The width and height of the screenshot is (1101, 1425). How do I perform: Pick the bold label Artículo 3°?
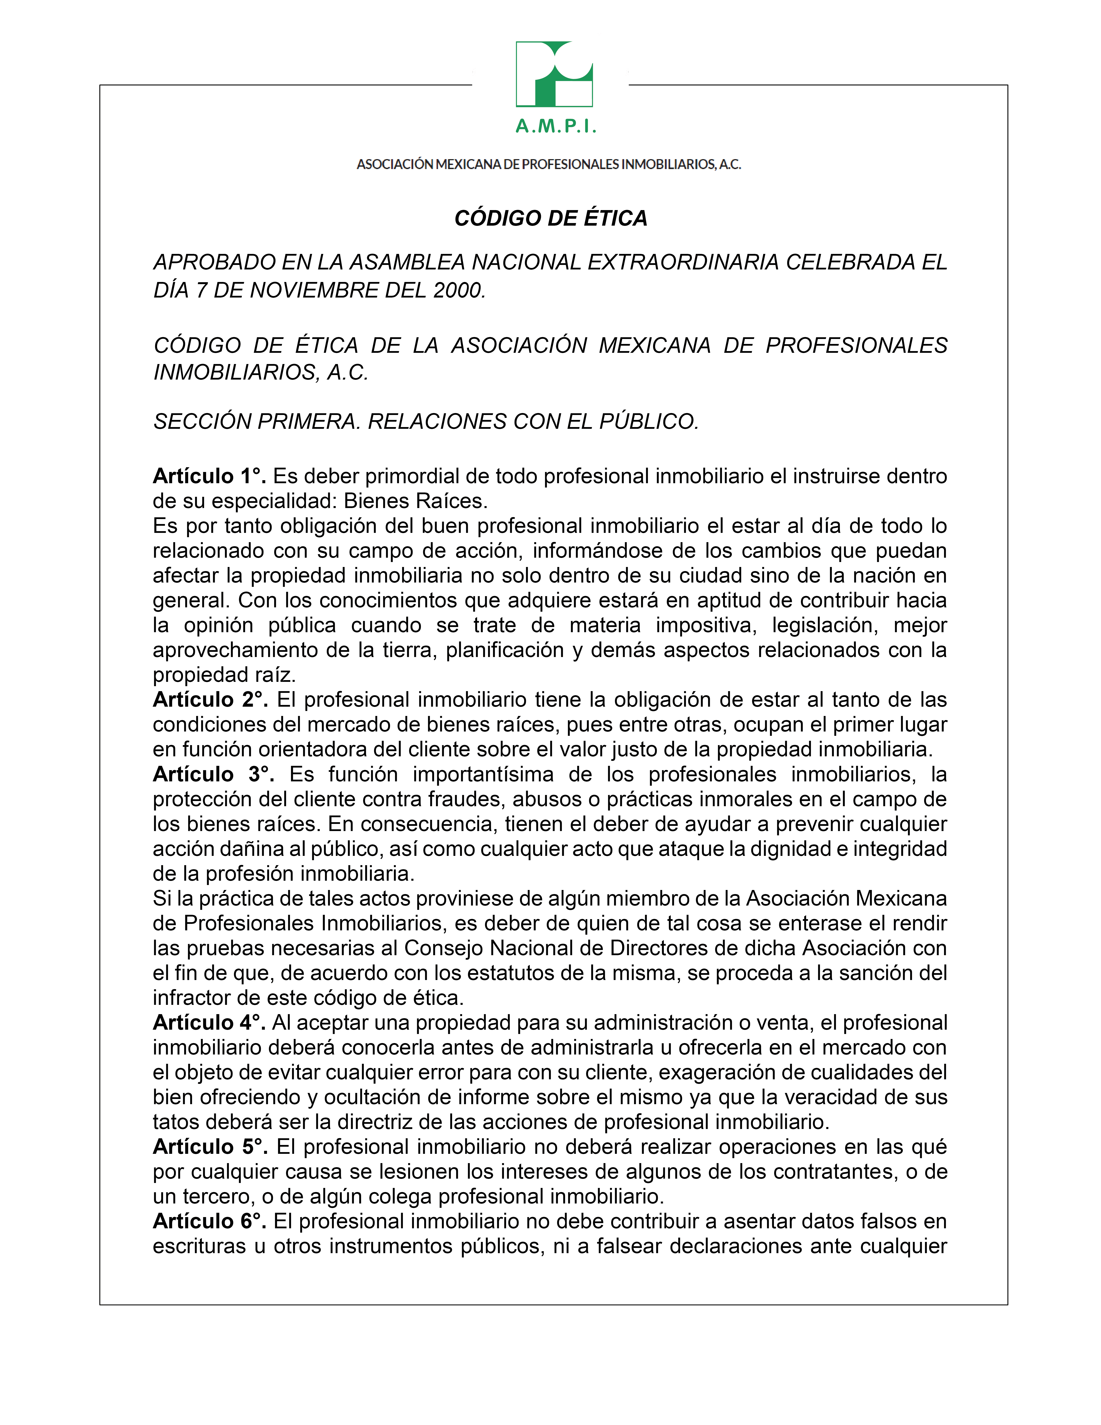click(x=213, y=774)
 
